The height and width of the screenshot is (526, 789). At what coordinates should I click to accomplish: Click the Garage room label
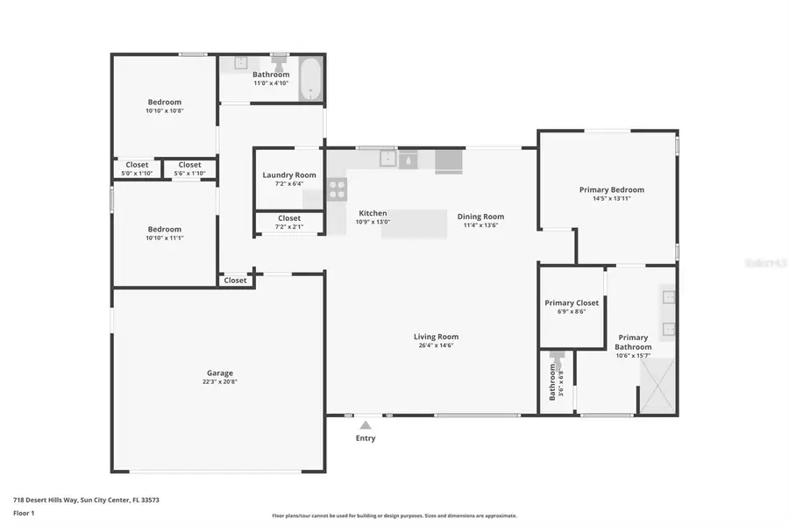219,373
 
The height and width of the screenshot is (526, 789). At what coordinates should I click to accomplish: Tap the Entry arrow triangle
366,425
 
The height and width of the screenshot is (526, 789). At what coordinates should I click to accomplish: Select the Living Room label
436,337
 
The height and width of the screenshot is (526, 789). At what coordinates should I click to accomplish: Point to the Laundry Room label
289,175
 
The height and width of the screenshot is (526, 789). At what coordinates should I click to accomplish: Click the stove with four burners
337,190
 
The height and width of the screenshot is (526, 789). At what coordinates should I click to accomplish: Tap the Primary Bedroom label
611,189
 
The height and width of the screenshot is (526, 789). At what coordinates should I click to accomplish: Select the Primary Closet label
572,303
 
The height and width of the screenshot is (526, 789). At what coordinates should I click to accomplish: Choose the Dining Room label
480,217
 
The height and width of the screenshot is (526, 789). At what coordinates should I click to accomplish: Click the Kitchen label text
373,213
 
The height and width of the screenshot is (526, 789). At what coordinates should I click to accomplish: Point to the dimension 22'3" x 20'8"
219,382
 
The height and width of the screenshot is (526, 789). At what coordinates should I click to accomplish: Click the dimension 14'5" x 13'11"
611,199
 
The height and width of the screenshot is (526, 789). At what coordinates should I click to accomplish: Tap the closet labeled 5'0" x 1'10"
137,168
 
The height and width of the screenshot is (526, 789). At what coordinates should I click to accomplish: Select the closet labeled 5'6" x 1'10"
189,168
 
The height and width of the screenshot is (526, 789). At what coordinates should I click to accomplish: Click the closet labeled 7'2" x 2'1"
289,223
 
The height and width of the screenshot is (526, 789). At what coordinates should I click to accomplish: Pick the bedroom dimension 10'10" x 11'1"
164,238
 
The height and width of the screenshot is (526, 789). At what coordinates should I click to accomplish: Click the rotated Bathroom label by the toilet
552,381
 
